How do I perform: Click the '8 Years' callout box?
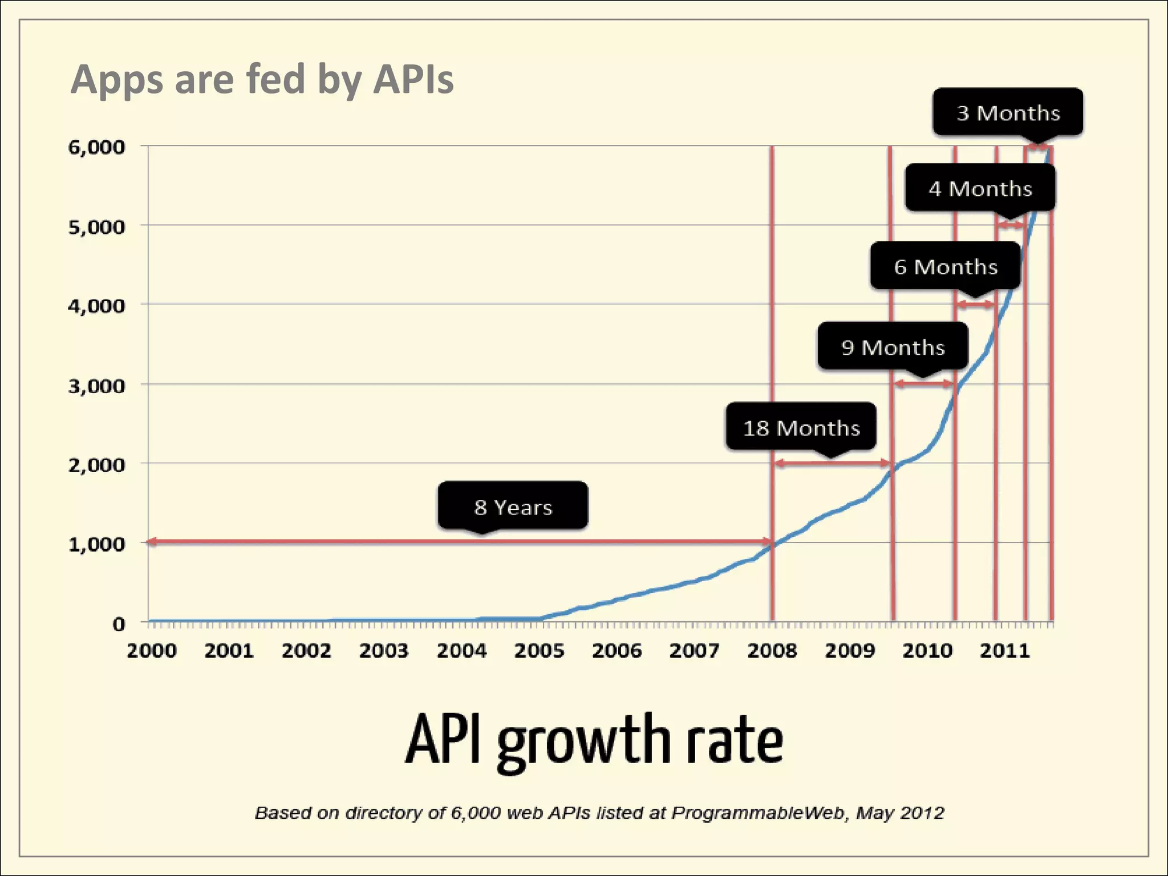coord(513,506)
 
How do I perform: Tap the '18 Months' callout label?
coord(801,427)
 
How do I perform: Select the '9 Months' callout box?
coord(893,347)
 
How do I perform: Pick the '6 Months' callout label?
coord(946,266)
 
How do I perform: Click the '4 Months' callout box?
coord(980,188)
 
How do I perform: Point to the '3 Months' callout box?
coord(1008,112)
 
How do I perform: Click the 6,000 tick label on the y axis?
coord(96,147)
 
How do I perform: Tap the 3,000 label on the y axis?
coord(96,386)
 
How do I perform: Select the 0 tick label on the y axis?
coord(118,624)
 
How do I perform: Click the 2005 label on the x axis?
coord(539,651)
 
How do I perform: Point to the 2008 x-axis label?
coord(772,651)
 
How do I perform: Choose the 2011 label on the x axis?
coord(1004,651)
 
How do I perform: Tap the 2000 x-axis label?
coord(152,651)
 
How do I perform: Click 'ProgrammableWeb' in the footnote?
coord(757,813)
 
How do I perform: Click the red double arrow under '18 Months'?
coord(832,463)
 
